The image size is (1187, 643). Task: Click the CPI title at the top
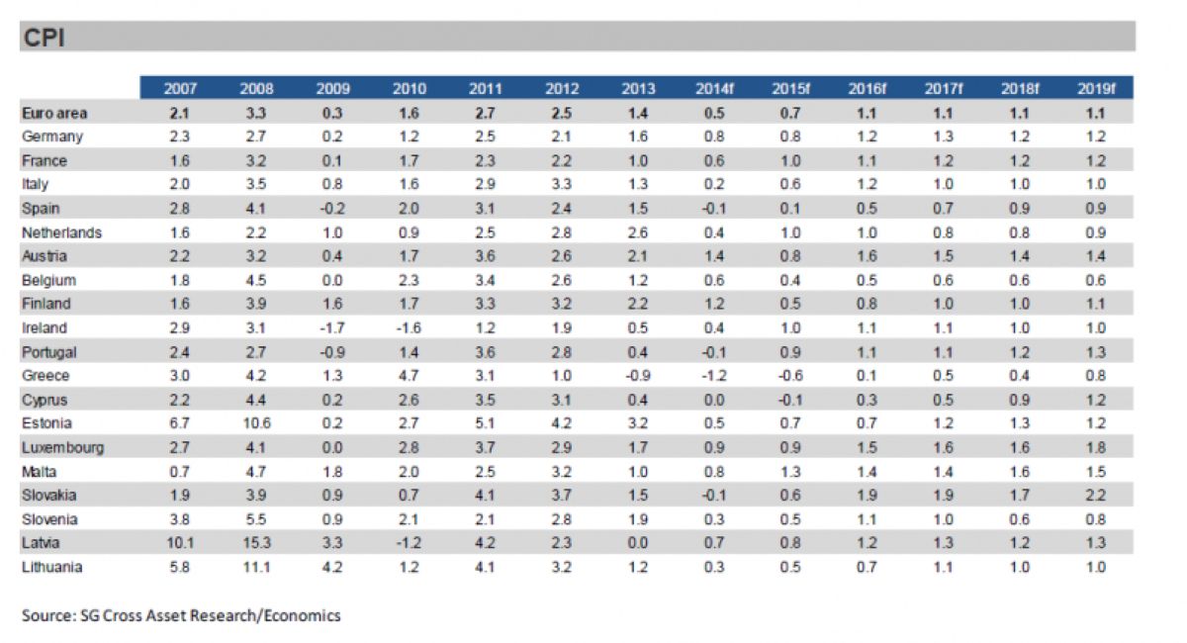pyautogui.click(x=45, y=38)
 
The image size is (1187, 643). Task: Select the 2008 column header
pyautogui.click(x=256, y=89)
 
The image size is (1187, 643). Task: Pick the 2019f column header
pyautogui.click(x=1095, y=89)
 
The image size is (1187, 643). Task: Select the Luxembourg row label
pyautogui.click(x=62, y=447)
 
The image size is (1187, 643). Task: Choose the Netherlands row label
pyautogui.click(x=61, y=232)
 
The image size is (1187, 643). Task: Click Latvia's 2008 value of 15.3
pyautogui.click(x=256, y=543)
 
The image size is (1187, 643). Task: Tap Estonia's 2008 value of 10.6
pyautogui.click(x=256, y=423)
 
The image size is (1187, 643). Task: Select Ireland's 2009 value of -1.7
pyautogui.click(x=331, y=327)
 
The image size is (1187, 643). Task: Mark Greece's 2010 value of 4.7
pyautogui.click(x=409, y=376)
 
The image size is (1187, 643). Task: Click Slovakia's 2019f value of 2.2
pyautogui.click(x=1095, y=496)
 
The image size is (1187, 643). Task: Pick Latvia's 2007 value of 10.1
pyautogui.click(x=179, y=543)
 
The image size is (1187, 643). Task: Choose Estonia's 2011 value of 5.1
pyautogui.click(x=485, y=423)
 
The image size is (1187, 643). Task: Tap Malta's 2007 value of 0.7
pyautogui.click(x=179, y=472)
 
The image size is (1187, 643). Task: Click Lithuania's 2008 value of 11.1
pyautogui.click(x=256, y=567)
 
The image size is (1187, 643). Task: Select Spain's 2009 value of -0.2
pyautogui.click(x=331, y=209)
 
